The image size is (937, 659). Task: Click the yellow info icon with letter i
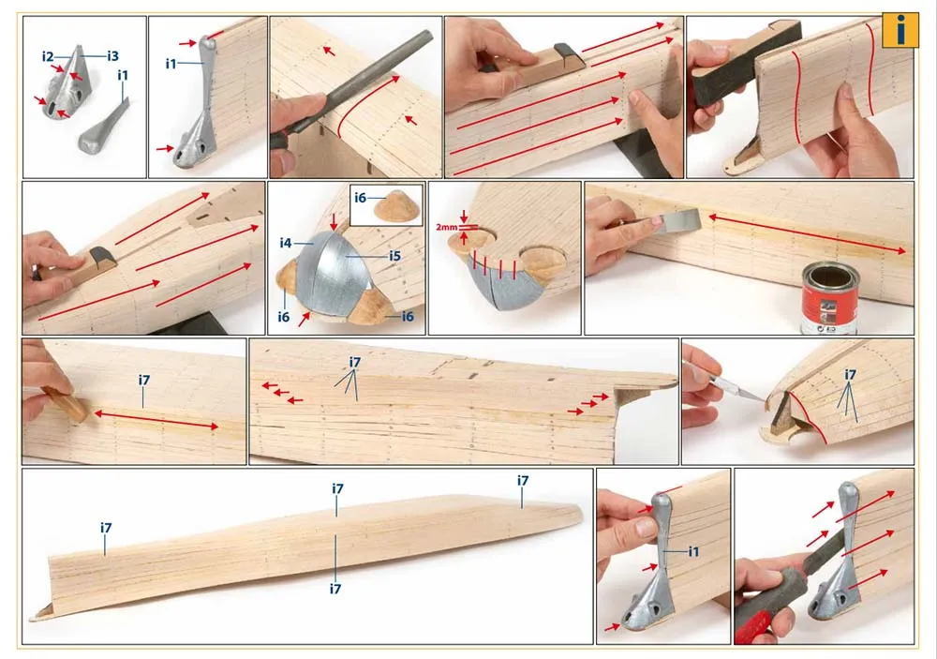900,30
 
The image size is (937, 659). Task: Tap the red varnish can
829,298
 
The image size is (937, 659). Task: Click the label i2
48,57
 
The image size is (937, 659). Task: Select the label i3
112,56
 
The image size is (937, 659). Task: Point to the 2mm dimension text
446,227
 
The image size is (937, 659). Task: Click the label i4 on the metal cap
286,243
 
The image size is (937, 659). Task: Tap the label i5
394,256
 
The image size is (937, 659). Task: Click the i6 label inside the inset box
360,198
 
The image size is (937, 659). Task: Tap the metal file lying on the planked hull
352,83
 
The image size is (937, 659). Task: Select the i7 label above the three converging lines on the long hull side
355,363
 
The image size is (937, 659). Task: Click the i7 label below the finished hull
335,589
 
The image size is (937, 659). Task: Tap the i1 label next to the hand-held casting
693,551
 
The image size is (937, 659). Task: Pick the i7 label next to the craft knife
851,375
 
